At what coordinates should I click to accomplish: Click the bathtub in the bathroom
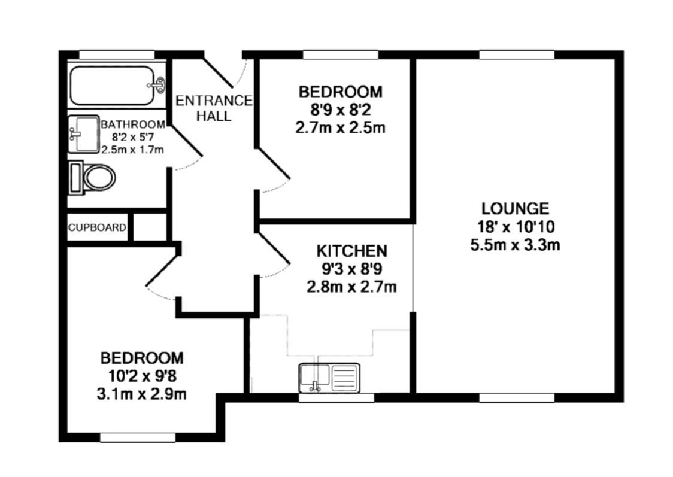click(x=116, y=86)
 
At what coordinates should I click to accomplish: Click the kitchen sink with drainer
click(x=330, y=378)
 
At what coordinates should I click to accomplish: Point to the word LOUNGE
click(x=515, y=208)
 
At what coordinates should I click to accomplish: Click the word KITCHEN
click(x=351, y=251)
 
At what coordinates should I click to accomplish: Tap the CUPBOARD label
click(x=98, y=227)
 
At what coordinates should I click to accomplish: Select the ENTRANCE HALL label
click(x=214, y=108)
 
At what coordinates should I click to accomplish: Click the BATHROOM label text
click(x=133, y=124)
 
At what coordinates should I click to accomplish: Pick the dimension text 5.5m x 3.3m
click(x=515, y=245)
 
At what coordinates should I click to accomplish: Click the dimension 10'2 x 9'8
click(x=142, y=376)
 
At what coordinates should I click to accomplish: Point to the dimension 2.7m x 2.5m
click(x=340, y=128)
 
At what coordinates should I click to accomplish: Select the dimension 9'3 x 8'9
click(x=351, y=269)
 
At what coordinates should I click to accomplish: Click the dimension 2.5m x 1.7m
click(x=133, y=150)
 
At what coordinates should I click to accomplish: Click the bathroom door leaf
click(x=186, y=140)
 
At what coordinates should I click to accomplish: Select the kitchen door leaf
click(x=274, y=248)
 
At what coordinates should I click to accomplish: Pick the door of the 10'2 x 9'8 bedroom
click(x=162, y=271)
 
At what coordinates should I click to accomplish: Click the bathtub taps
click(x=159, y=85)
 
